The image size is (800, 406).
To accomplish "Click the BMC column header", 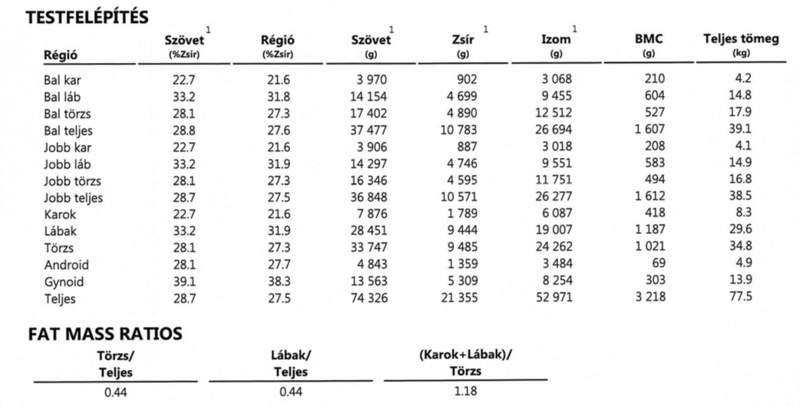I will tap(649, 40).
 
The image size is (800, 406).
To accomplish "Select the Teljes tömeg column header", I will tap(741, 40).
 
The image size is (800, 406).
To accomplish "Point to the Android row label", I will tap(68, 265).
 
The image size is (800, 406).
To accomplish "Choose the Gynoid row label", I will tap(66, 282).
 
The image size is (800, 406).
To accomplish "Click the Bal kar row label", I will tap(62, 79).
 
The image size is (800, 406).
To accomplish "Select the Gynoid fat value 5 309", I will tap(461, 282).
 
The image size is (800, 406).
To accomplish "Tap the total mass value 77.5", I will tap(742, 297).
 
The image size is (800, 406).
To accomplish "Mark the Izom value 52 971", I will tap(554, 298).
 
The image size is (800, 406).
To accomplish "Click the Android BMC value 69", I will tap(657, 265).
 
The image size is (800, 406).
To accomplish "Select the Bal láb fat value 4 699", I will tap(461, 97).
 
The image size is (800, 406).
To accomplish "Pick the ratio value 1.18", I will tap(466, 392).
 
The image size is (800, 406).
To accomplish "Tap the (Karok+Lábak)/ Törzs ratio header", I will tap(466, 363).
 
